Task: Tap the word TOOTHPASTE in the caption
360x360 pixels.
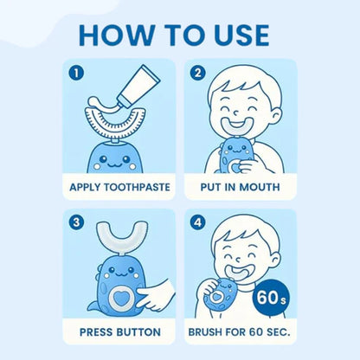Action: point(138,185)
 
